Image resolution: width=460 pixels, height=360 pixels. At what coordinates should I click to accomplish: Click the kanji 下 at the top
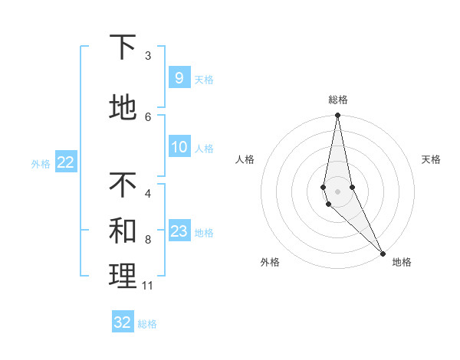(x=123, y=47)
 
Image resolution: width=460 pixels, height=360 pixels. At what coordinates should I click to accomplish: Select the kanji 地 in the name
(x=123, y=108)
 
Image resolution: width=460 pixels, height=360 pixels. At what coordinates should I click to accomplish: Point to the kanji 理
(x=123, y=276)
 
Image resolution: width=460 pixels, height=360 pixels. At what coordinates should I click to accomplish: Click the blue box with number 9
(x=179, y=77)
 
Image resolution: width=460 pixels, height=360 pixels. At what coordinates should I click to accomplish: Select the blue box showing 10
(x=179, y=147)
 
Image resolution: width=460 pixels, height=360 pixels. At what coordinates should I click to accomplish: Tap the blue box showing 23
(x=179, y=231)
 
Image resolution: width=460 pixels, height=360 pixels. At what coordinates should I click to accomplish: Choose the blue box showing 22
(x=65, y=162)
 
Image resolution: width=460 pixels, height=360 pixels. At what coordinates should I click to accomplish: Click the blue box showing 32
(x=123, y=322)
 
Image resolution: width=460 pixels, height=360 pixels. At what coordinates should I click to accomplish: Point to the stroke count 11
(x=147, y=286)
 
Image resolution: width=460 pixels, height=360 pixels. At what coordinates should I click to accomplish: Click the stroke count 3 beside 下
(x=148, y=56)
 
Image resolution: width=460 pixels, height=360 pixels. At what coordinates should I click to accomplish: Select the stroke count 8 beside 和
(x=148, y=240)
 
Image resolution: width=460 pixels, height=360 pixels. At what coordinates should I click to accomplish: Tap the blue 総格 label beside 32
(x=147, y=324)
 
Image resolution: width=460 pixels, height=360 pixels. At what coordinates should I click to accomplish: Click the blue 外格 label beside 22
(x=41, y=163)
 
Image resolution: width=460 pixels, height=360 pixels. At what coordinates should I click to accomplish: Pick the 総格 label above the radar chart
(x=337, y=100)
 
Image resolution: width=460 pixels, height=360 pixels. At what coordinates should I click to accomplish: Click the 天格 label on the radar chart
(x=431, y=159)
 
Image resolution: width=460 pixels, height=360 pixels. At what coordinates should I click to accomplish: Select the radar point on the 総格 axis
(x=337, y=116)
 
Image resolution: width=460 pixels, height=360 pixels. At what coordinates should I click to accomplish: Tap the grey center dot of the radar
(x=337, y=191)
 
